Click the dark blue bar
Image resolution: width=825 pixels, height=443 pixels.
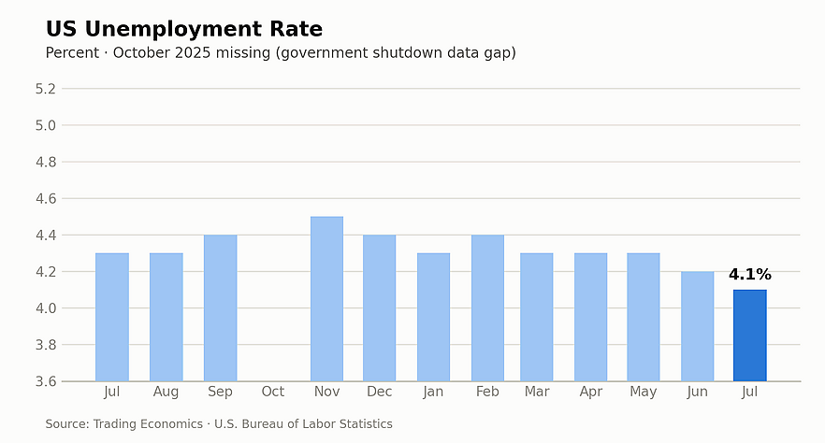click(750, 336)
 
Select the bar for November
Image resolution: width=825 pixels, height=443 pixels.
click(326, 298)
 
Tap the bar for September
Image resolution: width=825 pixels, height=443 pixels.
click(221, 307)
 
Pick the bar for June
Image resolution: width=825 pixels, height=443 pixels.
click(697, 326)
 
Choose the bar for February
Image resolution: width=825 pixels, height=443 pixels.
click(487, 307)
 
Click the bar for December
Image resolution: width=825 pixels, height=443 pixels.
click(380, 307)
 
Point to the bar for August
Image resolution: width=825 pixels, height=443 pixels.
click(166, 317)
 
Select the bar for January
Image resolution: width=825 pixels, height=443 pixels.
click(434, 317)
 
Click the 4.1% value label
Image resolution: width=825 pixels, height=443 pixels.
click(750, 275)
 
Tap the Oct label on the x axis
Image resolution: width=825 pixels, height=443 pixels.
click(272, 392)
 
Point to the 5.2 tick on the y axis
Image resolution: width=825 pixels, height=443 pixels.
click(45, 89)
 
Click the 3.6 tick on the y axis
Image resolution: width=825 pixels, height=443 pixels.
click(45, 381)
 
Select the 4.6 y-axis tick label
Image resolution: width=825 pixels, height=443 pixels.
click(45, 199)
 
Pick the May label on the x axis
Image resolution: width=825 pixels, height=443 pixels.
click(643, 392)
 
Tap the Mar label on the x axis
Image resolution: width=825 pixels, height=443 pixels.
click(537, 392)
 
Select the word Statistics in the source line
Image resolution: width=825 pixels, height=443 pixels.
click(367, 423)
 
